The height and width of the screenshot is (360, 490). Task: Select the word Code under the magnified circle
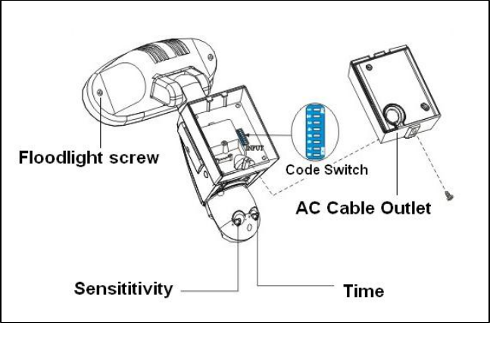click(301, 170)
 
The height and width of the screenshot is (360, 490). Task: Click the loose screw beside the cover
click(448, 196)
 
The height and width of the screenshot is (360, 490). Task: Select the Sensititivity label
click(123, 289)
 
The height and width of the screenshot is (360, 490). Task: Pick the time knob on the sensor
click(254, 216)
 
